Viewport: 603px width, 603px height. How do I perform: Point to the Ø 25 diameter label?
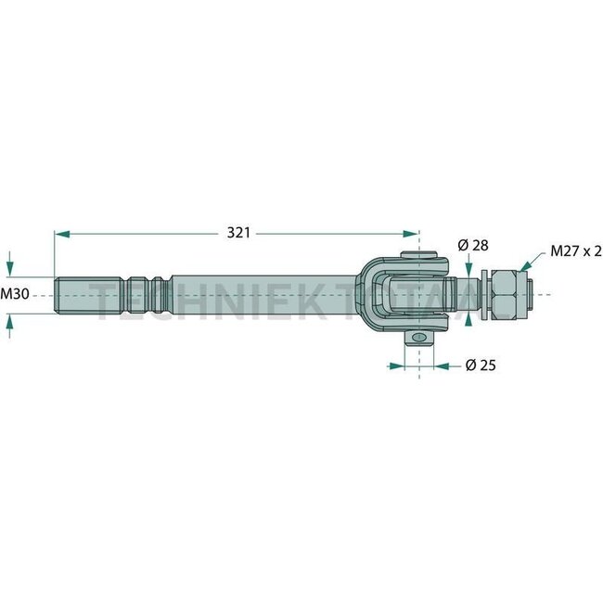tap(479, 366)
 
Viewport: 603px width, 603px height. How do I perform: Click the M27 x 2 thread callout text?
tap(575, 250)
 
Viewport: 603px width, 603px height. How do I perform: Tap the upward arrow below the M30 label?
tap(9, 321)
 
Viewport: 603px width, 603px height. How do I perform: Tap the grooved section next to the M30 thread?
tap(148, 294)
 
